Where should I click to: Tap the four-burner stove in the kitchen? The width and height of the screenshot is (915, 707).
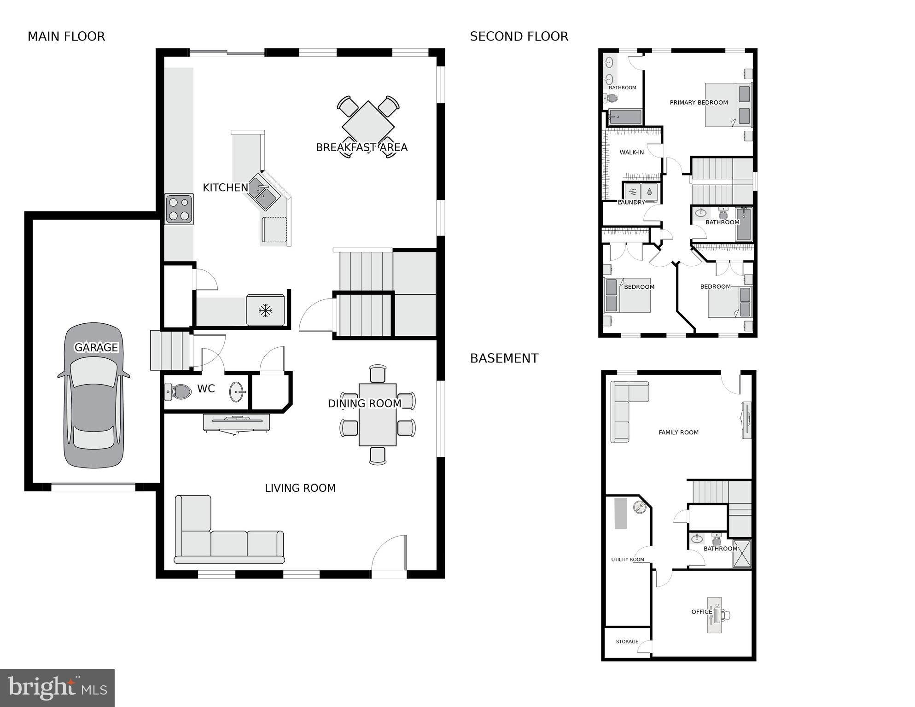179,209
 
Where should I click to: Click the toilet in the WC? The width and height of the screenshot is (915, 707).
179,391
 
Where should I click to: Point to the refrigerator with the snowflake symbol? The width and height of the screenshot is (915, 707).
265,310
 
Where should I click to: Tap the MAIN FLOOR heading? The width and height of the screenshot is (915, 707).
66,36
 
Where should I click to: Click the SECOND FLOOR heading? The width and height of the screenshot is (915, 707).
519,36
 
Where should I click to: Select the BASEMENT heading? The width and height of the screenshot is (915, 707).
504,358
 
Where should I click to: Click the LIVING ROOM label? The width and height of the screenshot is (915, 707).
300,488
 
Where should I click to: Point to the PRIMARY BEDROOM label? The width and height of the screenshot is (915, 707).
699,103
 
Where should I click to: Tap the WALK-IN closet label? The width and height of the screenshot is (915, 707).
631,152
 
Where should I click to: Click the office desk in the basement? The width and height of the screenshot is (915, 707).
715,615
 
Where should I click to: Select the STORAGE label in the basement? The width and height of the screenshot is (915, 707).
627,642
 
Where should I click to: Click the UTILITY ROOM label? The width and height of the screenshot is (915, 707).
627,560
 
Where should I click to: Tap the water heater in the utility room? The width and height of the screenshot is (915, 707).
640,508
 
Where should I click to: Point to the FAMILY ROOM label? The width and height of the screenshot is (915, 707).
678,432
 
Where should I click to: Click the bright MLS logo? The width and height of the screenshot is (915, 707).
57,688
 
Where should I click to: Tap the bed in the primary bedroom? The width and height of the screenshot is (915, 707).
728,105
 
